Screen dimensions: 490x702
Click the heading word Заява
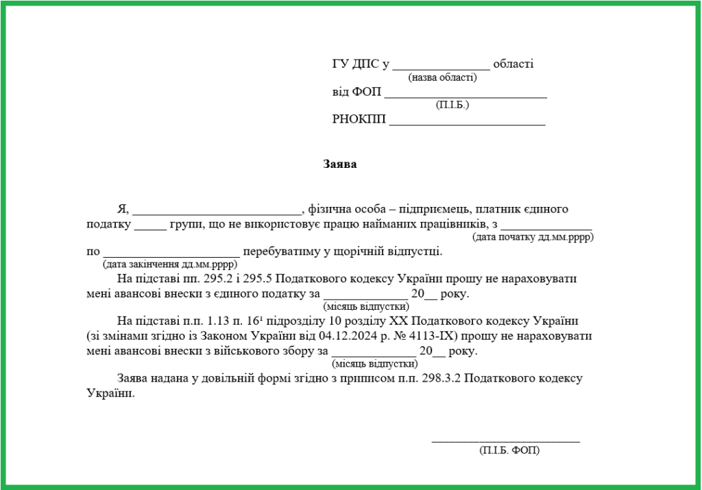coord(340,164)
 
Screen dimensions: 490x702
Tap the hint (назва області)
coord(442,77)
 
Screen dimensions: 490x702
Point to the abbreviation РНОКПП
coord(359,119)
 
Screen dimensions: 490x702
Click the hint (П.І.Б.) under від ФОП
coord(452,105)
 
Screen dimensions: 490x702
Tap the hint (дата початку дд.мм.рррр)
coord(533,237)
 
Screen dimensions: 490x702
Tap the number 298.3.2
coord(437,379)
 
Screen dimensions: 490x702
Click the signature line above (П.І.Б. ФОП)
coord(505,441)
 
